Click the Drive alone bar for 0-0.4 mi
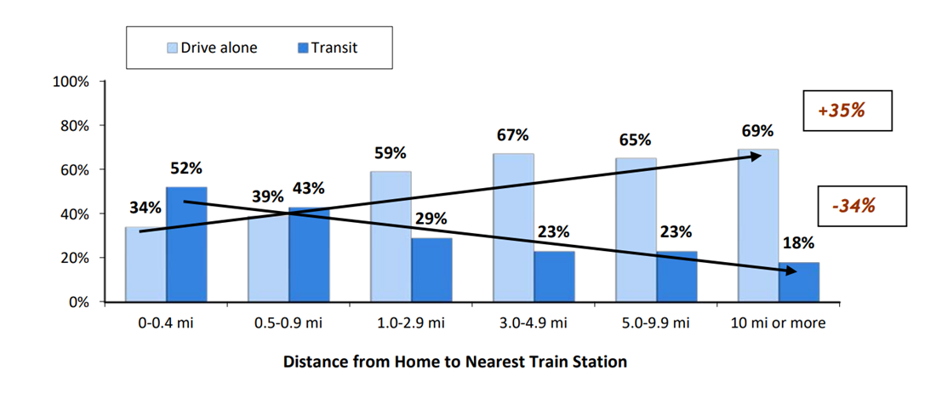point(146,265)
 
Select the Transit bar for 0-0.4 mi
point(187,244)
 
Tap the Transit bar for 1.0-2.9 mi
point(432,271)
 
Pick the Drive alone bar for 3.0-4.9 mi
point(514,228)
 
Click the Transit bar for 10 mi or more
point(799,282)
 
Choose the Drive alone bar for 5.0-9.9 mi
point(636,230)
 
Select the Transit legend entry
point(328,48)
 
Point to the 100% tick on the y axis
point(102,81)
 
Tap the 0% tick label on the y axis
point(78,302)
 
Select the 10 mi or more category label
point(779,324)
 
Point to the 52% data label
point(186,168)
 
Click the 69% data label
point(758,131)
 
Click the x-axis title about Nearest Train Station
point(455,362)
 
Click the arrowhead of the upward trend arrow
point(757,156)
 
